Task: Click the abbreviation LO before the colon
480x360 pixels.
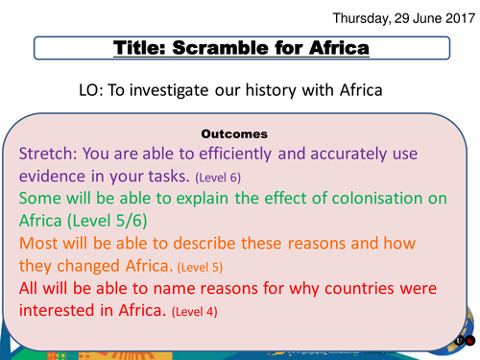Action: coord(92,91)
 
